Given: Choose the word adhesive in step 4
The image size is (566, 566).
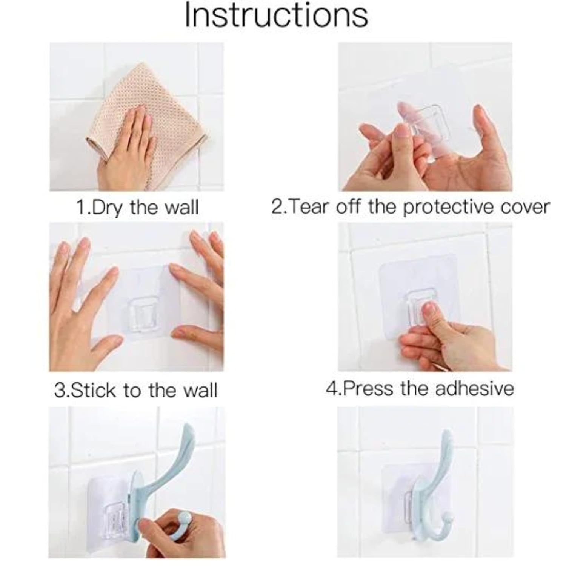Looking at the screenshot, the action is pyautogui.click(x=474, y=388).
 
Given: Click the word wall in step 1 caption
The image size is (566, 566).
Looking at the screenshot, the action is pyautogui.click(x=182, y=208).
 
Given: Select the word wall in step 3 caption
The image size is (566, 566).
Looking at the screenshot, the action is pyautogui.click(x=200, y=390).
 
